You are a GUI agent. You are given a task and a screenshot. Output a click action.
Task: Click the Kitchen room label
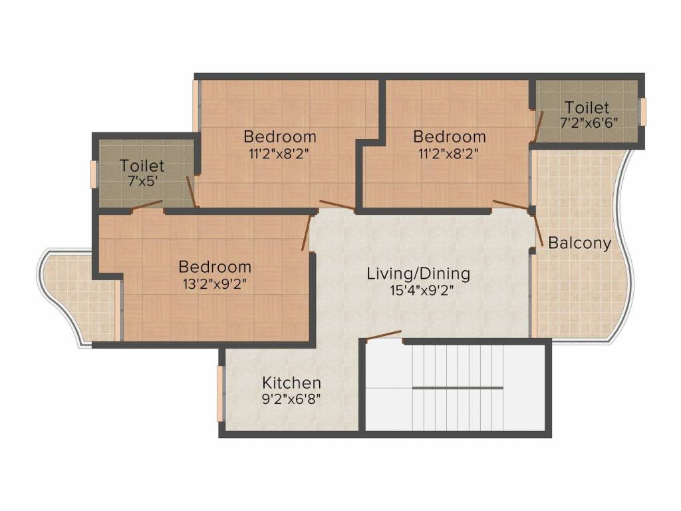(x=291, y=383)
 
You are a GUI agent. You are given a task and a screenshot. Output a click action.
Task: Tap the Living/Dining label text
(x=418, y=273)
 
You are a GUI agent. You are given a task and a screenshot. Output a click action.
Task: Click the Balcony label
(x=579, y=244)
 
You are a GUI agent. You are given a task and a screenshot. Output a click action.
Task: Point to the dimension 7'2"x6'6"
(x=587, y=122)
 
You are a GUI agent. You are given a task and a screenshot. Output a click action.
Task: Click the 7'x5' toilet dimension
(x=142, y=181)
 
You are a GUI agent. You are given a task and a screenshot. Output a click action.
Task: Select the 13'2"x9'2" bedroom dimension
(x=215, y=283)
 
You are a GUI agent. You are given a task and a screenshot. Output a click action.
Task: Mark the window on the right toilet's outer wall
(x=642, y=111)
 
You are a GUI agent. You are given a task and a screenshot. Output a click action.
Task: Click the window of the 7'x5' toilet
(x=94, y=172)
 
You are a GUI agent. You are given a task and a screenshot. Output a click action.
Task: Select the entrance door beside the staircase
(x=384, y=335)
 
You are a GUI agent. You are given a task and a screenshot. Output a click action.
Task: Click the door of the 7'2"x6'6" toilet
(x=538, y=126)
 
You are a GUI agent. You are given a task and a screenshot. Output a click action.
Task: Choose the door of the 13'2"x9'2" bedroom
(x=306, y=233)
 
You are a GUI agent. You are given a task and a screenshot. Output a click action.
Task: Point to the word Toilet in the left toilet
(x=142, y=166)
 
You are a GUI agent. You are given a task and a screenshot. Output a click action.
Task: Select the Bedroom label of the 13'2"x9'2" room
(x=215, y=267)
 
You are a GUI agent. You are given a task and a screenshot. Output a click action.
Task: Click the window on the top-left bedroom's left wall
(x=196, y=105)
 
